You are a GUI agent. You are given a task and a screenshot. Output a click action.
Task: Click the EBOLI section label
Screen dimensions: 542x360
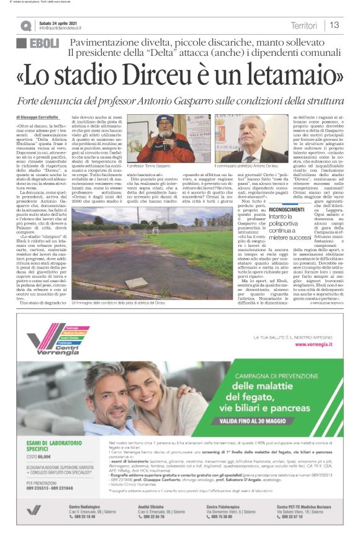pyautogui.click(x=38, y=43)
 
